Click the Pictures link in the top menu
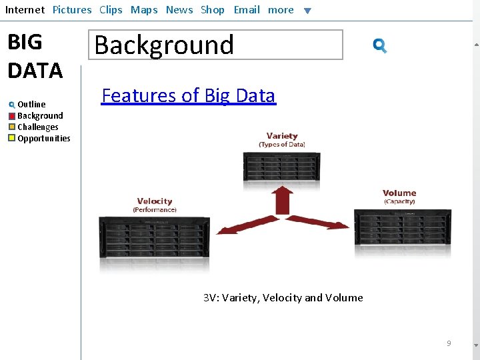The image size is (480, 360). pos(72,10)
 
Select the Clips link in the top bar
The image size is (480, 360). pos(111,10)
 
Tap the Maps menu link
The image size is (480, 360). pos(144,10)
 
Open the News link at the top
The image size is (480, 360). pos(179,10)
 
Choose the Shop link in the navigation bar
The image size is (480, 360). pos(213,10)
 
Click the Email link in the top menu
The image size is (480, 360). pos(247,10)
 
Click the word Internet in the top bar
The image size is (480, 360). pos(25,10)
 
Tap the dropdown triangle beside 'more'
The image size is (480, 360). pos(307,11)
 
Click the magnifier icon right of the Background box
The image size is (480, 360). pos(380,46)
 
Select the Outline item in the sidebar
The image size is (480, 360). pos(31,104)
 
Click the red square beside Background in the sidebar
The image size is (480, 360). pos(12,116)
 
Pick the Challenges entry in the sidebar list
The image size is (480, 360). pos(37,127)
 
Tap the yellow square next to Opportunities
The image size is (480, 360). pos(12,139)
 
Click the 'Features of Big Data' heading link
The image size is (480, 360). pos(188,96)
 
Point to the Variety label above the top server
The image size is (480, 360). pos(282,136)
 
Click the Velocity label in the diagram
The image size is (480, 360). pos(155,201)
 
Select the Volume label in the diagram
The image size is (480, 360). pos(399,193)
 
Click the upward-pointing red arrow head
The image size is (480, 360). pos(283,193)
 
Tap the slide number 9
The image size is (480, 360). pos(449,343)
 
